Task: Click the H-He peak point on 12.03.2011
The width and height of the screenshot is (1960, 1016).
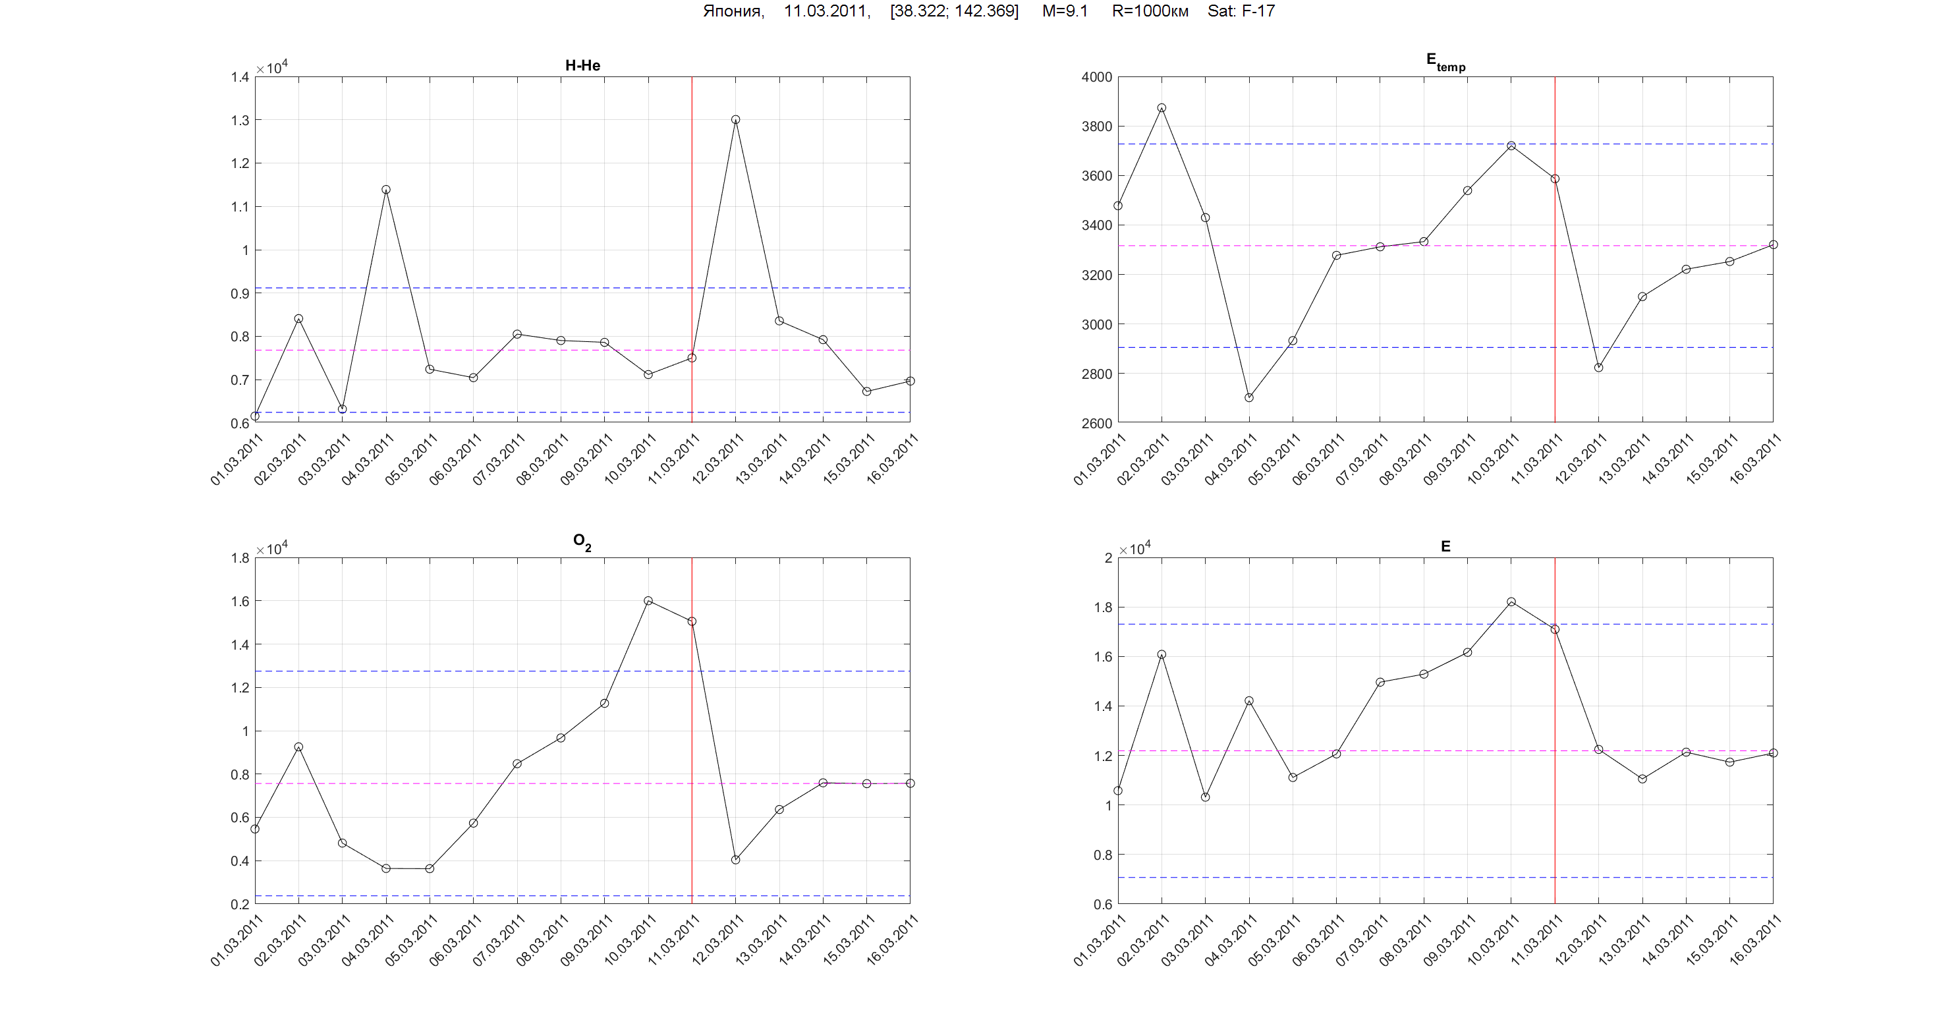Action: pyautogui.click(x=735, y=119)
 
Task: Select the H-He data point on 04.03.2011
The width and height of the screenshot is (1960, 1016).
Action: pyautogui.click(x=386, y=190)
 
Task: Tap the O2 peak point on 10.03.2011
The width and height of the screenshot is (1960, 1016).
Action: pyautogui.click(x=648, y=600)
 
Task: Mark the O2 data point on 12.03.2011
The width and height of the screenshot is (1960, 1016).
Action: pyautogui.click(x=736, y=860)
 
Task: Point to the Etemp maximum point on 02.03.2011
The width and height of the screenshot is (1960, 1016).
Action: pyautogui.click(x=1162, y=108)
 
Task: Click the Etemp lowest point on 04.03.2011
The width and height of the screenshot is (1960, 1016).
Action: pyautogui.click(x=1248, y=397)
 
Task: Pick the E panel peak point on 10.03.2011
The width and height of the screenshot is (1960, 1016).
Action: pyautogui.click(x=1511, y=602)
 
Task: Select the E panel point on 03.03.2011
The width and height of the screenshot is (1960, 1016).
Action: pyautogui.click(x=1205, y=797)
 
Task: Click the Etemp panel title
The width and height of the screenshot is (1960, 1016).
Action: pyautogui.click(x=1445, y=62)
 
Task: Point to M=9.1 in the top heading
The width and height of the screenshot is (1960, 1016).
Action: pyautogui.click(x=1065, y=11)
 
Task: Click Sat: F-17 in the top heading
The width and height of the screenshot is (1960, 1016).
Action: pyautogui.click(x=1241, y=11)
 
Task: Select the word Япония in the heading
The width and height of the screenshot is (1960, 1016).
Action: pyautogui.click(x=733, y=11)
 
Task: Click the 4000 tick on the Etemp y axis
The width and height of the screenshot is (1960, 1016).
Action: pyautogui.click(x=1096, y=77)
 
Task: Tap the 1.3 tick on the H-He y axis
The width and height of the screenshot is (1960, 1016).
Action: pyautogui.click(x=240, y=120)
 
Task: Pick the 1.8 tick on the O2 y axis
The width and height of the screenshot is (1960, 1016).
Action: pyautogui.click(x=240, y=558)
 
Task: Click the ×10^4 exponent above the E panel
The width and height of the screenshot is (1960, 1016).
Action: pyautogui.click(x=1134, y=549)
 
